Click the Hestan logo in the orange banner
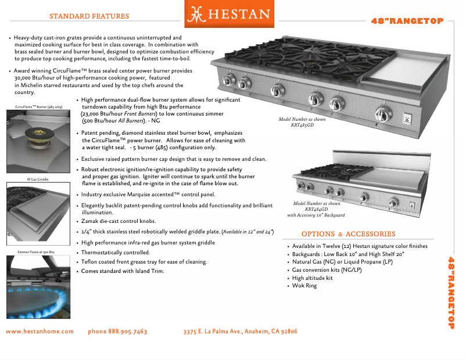227,14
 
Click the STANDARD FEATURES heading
89,16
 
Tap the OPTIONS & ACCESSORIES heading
348,234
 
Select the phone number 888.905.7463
117,332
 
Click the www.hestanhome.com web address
40,332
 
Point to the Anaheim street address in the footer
240,332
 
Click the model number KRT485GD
302,125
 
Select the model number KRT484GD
317,210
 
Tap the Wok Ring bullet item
304,286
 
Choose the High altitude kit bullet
312,278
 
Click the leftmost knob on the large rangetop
230,81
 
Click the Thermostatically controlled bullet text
115,253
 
